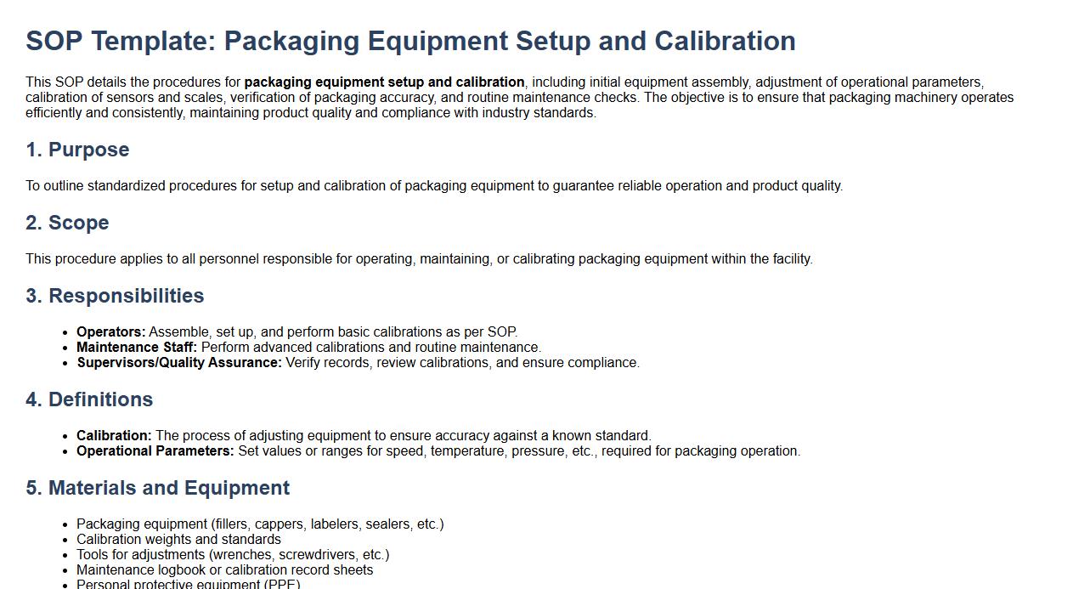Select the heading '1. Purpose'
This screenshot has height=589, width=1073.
click(77, 150)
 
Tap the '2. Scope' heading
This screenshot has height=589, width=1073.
click(68, 223)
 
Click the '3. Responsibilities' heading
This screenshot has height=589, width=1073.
click(115, 296)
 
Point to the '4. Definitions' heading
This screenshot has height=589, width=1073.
click(89, 399)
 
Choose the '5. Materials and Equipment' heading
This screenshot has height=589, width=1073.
click(158, 488)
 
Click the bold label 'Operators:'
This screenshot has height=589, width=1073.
click(111, 332)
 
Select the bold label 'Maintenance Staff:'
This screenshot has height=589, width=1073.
click(137, 348)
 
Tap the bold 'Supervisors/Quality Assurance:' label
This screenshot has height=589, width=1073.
click(179, 363)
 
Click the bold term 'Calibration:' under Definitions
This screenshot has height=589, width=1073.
click(114, 436)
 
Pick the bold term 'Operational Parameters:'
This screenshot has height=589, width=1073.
click(155, 451)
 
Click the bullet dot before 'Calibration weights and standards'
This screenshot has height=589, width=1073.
click(66, 540)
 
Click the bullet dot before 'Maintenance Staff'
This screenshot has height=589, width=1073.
click(66, 348)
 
